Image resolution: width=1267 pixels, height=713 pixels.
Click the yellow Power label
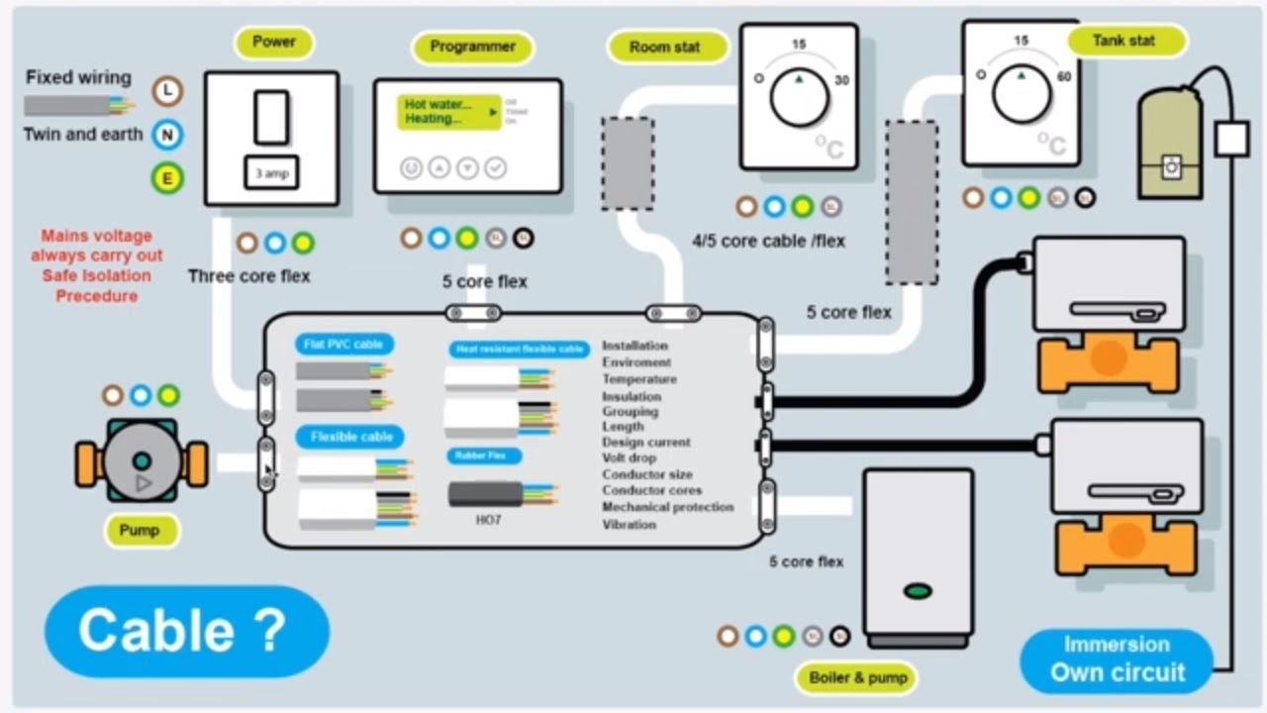click(x=274, y=43)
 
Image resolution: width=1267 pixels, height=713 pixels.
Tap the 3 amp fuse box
click(x=272, y=174)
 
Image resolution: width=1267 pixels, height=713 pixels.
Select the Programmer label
click(x=472, y=47)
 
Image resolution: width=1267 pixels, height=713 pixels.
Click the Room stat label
click(x=664, y=48)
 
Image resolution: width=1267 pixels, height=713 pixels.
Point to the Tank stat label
click(x=1123, y=42)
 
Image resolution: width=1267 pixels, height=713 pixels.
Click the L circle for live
click(x=168, y=91)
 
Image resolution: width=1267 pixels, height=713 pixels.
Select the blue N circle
click(x=168, y=135)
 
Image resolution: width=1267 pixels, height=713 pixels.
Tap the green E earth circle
click(x=168, y=178)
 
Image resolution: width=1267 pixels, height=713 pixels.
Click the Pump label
click(x=139, y=531)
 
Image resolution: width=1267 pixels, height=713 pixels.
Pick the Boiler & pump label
click(x=855, y=678)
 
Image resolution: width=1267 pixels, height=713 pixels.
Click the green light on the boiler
click(x=919, y=591)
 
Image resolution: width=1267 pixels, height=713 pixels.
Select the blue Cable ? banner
click(x=187, y=631)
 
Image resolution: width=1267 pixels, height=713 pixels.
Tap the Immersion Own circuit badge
click(x=1117, y=661)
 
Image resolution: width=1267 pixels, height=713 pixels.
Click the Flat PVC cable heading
click(x=343, y=345)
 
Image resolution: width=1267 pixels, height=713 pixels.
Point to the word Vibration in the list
click(x=629, y=524)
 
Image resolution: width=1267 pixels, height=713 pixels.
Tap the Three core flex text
click(x=249, y=276)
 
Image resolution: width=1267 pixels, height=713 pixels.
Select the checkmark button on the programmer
click(x=496, y=168)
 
